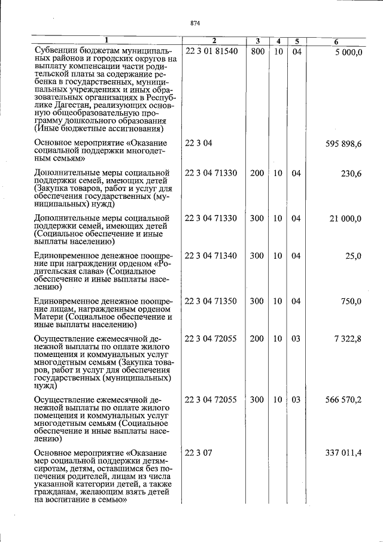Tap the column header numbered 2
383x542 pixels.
coord(212,41)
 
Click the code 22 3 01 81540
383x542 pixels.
coord(211,52)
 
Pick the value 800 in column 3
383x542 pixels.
coord(257,52)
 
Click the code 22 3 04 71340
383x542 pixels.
coord(211,256)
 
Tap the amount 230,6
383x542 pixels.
coord(351,173)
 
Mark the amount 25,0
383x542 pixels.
coord(353,256)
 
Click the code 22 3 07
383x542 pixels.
coord(199,453)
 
